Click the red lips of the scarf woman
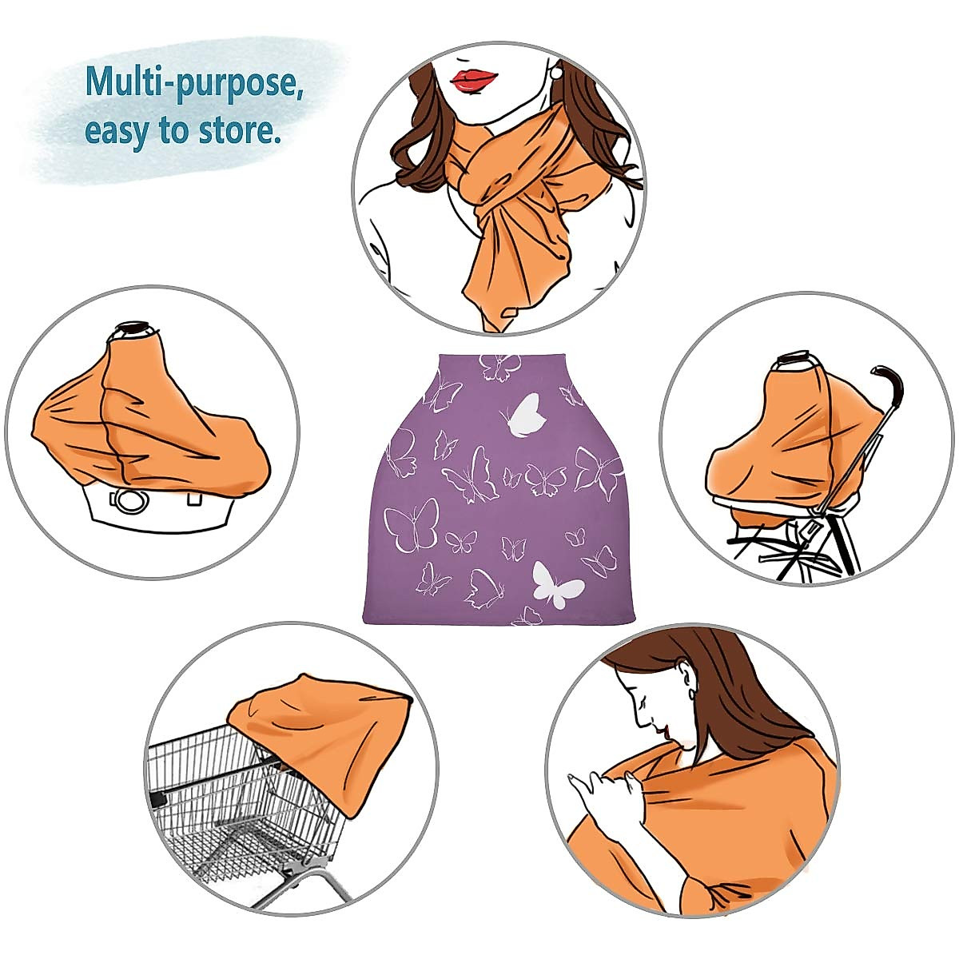(474, 79)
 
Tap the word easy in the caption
(117, 129)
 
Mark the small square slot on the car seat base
(193, 500)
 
